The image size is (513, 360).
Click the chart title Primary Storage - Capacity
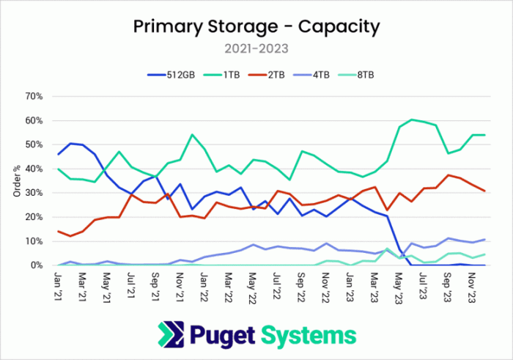coord(256,27)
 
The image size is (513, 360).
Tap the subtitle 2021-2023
coord(256,49)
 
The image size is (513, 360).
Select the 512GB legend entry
coord(171,75)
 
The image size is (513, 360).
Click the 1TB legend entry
coord(221,75)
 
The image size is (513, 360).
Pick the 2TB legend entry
coord(266,75)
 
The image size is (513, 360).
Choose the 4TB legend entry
coord(311,75)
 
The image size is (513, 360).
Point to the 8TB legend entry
coord(355,75)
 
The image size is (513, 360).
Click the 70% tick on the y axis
coord(34,97)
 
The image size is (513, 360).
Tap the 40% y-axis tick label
coord(34,169)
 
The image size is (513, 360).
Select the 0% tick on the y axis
coord(37,265)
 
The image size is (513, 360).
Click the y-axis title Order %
coord(17,181)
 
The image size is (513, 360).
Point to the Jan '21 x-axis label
coord(59,287)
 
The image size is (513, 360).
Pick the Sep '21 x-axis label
coord(155,287)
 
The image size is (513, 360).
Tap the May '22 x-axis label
coord(252,288)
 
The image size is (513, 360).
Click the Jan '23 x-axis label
coord(350,287)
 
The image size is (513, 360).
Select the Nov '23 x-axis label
coord(470,287)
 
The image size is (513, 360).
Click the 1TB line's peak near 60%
coord(412,120)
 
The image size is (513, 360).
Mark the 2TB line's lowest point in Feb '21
coord(70,236)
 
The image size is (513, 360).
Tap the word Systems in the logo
coord(309,336)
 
